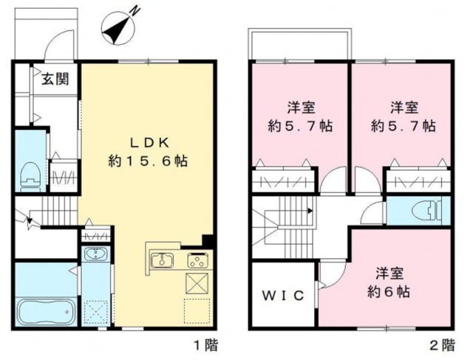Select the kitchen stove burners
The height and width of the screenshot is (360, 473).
click(x=198, y=260)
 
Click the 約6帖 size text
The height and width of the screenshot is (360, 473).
click(x=390, y=291)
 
